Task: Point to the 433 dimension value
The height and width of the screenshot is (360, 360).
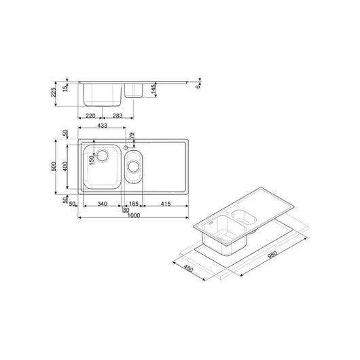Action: point(103,126)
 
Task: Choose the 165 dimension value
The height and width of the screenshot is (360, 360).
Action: point(133,204)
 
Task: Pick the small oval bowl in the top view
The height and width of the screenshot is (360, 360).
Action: point(133,168)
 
